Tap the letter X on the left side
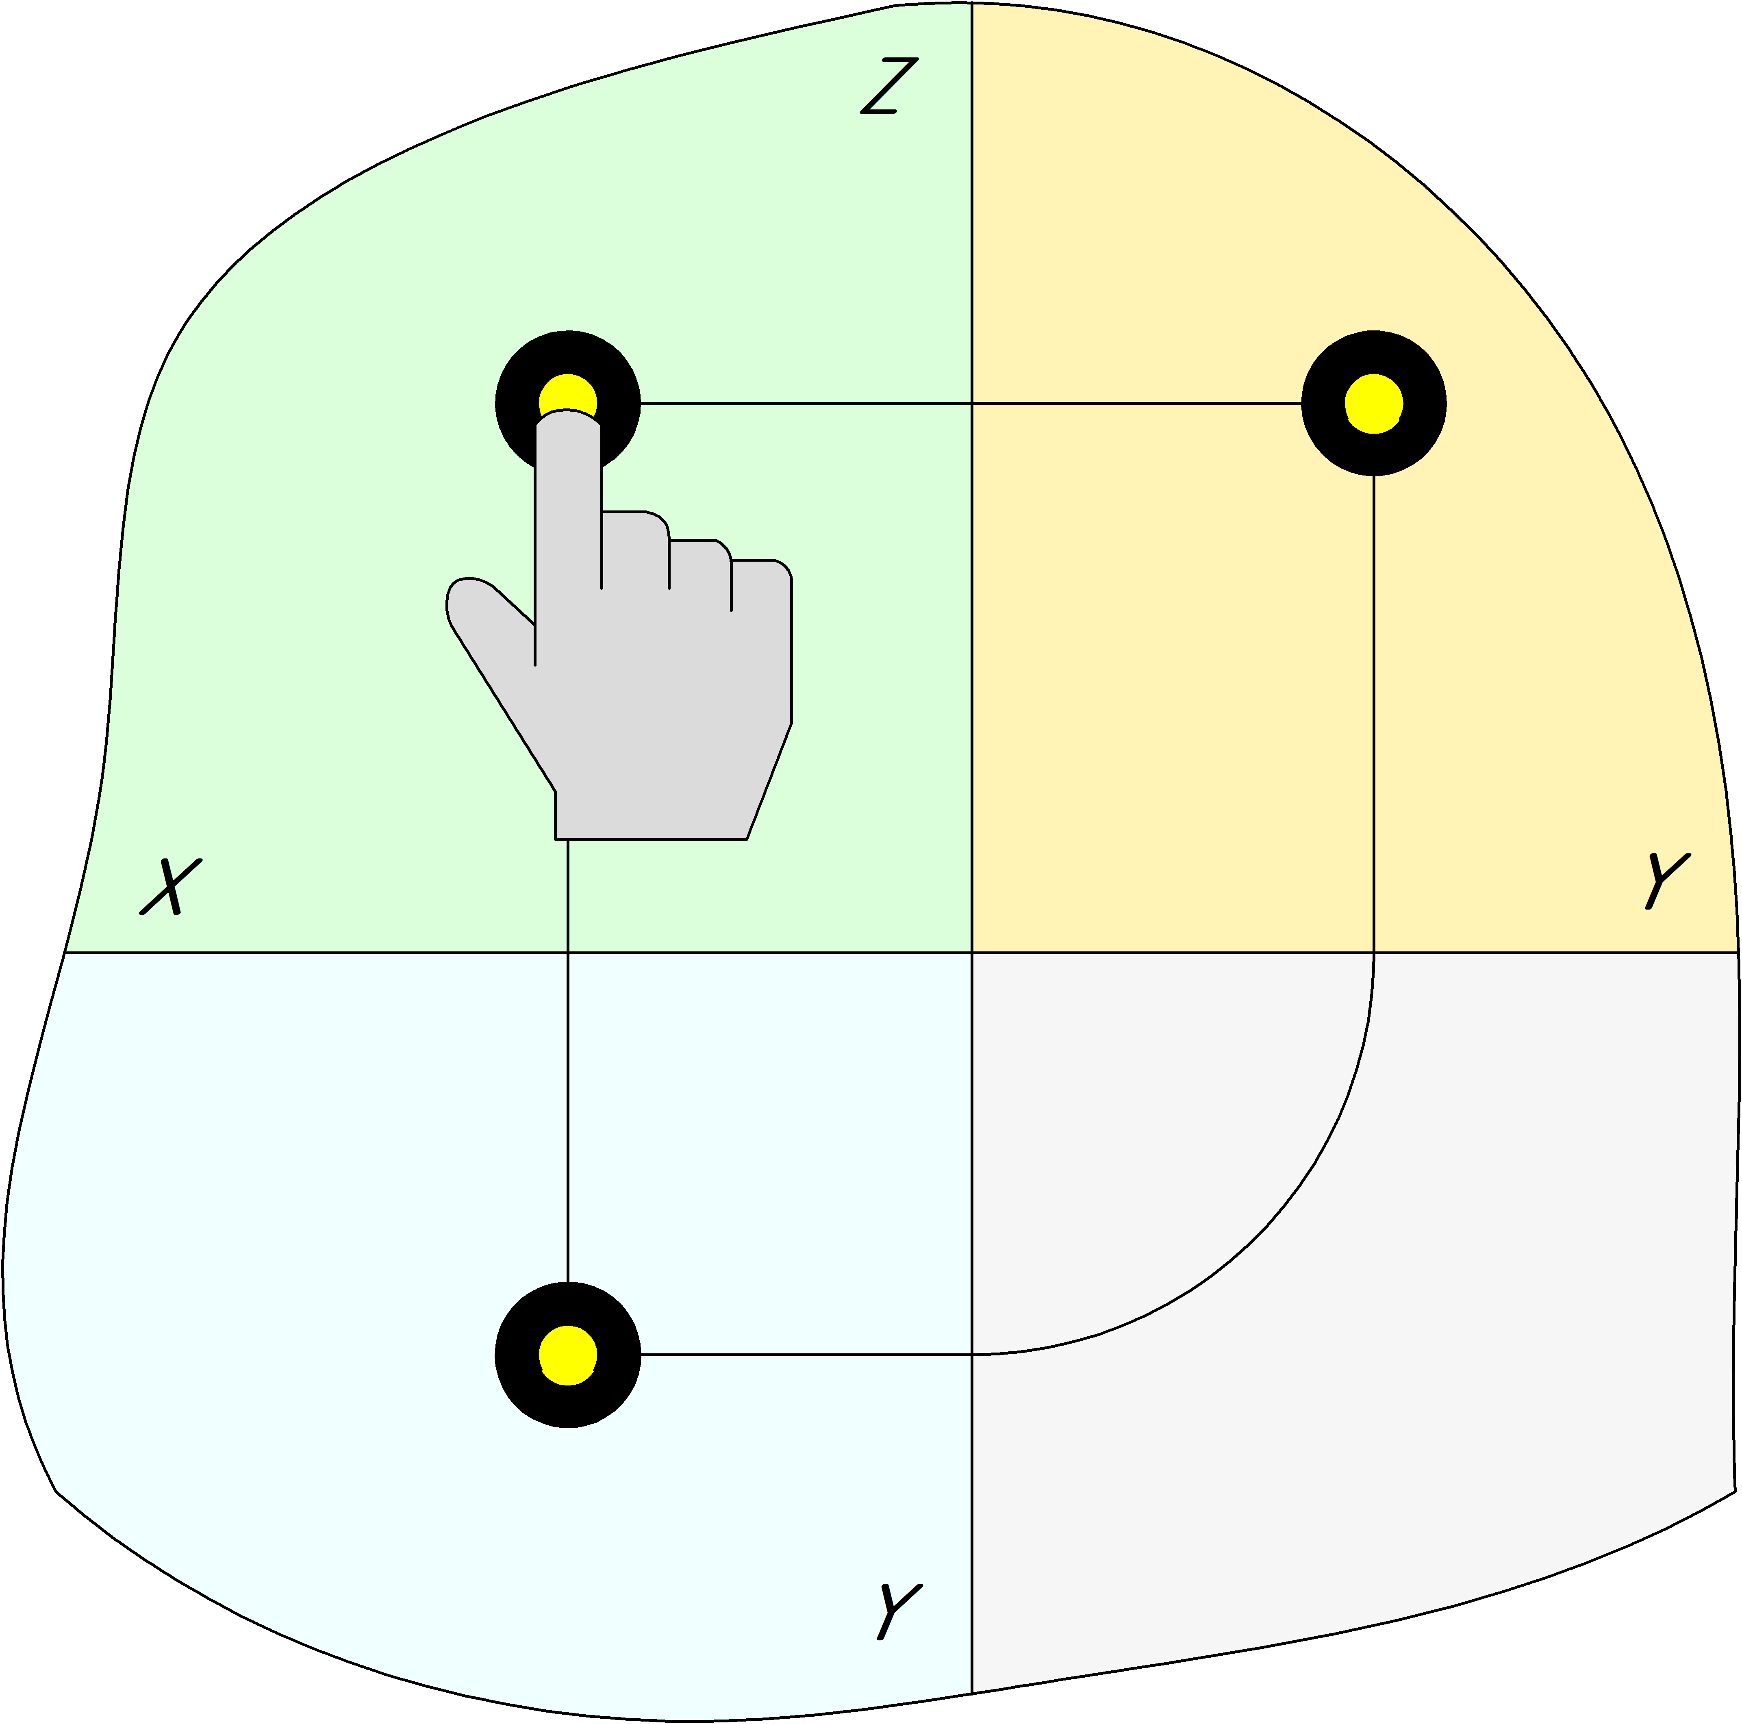[x=170, y=886]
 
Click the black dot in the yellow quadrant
[x=1373, y=403]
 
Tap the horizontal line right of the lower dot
[x=802, y=1354]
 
